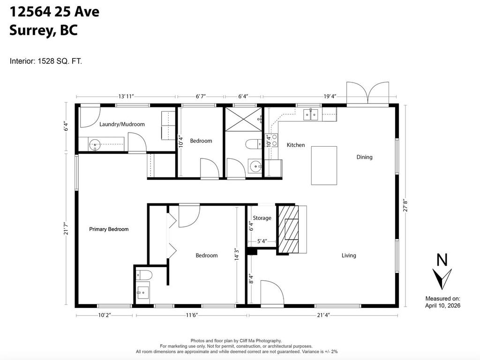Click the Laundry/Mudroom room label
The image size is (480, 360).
(122, 124)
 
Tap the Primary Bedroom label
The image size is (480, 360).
(109, 229)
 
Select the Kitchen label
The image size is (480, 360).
(296, 145)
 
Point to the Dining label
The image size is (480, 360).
(364, 157)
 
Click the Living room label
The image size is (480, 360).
(349, 255)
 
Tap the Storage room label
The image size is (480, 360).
(262, 218)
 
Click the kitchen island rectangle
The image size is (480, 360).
(324, 165)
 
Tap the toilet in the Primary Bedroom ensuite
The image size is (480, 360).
(142, 275)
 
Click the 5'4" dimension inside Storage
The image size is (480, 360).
(262, 242)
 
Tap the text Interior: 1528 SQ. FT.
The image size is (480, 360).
(46, 61)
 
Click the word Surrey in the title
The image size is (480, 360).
(31, 31)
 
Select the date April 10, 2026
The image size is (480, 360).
(442, 306)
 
